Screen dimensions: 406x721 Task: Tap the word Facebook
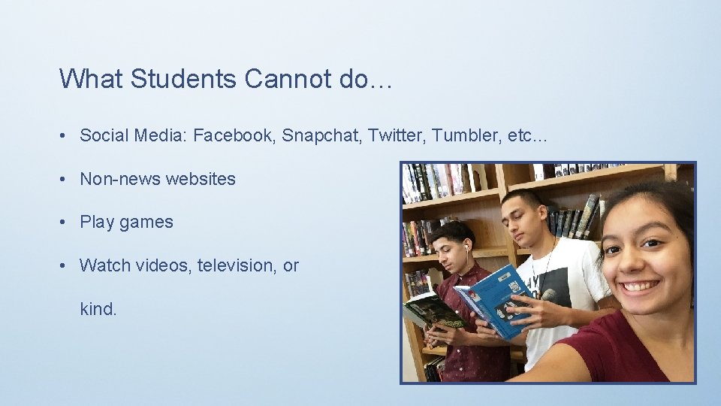pos(234,136)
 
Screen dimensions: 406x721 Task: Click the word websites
pos(201,179)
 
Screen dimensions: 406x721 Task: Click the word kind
pos(98,308)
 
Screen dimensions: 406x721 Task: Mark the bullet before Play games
pos(66,223)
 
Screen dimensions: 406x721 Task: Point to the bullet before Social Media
pos(66,136)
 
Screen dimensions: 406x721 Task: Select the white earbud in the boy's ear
pos(466,246)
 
